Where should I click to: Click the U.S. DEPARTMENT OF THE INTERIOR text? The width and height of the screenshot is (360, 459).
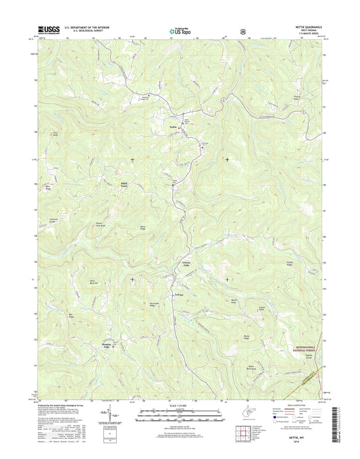pos(86,27)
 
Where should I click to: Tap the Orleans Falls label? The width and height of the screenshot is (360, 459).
pos(187,264)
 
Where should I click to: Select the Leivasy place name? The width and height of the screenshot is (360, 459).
pos(178,294)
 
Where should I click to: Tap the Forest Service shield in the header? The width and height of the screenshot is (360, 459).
pos(241,30)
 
